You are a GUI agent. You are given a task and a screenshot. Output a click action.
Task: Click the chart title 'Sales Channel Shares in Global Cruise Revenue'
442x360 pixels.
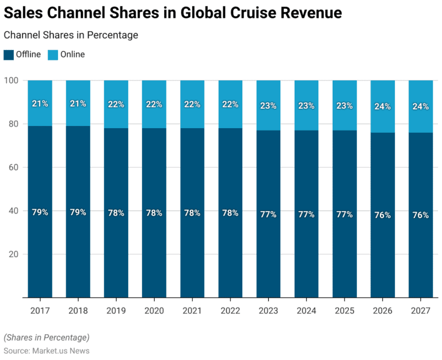[x=173, y=13]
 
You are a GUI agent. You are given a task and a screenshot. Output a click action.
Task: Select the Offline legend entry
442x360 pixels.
[x=22, y=55]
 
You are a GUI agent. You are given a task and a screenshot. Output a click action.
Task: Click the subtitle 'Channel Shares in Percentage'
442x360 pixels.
[x=71, y=35]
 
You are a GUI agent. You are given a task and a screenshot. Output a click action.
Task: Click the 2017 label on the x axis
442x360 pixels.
[x=40, y=311]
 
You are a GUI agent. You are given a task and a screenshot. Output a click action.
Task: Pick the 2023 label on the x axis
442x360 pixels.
[x=268, y=311]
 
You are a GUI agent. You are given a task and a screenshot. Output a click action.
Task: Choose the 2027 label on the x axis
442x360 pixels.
[x=420, y=311]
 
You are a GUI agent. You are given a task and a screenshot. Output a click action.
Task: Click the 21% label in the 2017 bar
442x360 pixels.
[x=40, y=104]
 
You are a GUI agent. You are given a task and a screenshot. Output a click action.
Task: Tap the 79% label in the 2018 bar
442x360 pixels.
[x=78, y=212]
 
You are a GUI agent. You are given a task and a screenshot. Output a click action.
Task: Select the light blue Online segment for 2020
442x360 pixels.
[x=154, y=92]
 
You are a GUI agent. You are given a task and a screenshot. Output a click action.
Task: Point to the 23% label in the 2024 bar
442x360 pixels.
[x=306, y=106]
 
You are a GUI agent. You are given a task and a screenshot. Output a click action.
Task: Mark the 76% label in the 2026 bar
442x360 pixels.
[x=382, y=215]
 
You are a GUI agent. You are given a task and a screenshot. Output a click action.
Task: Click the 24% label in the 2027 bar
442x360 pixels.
[x=420, y=106]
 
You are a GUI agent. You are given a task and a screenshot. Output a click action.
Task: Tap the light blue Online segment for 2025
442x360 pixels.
[x=344, y=92]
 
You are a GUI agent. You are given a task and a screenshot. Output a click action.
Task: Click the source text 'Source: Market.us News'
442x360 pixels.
[x=47, y=350]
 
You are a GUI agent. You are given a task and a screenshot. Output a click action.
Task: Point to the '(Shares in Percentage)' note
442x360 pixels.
[x=47, y=337]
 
